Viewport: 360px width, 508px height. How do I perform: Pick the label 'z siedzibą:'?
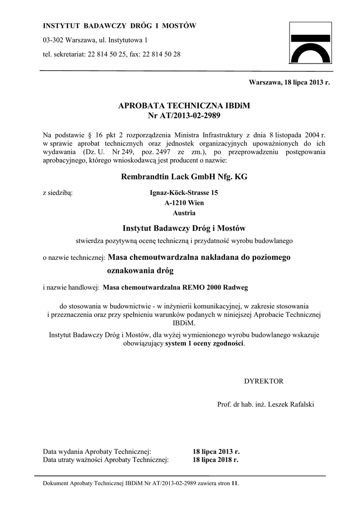pos(58,192)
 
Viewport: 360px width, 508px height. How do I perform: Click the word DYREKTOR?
pos(264,381)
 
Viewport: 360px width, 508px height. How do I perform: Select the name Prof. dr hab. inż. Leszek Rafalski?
pos(266,404)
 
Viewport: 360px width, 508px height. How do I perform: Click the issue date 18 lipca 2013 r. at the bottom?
pos(216,452)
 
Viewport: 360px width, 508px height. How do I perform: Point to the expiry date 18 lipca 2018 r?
pos(216,460)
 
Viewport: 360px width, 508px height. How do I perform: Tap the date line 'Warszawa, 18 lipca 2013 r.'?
pos(289,83)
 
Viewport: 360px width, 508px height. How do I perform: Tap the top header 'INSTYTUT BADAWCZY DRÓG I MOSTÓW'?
pos(120,26)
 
